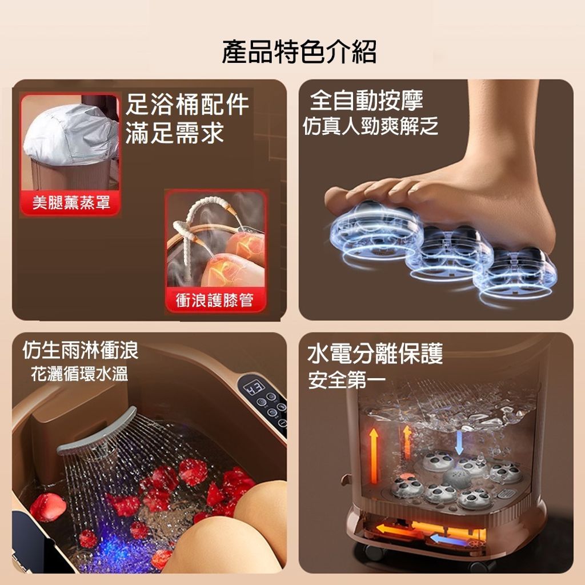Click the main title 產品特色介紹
click(299, 51)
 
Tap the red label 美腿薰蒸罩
click(71, 203)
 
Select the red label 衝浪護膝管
click(215, 300)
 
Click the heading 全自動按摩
click(366, 101)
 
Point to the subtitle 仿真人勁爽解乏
click(370, 126)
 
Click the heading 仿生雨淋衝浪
click(80, 350)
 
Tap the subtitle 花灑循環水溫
click(79, 374)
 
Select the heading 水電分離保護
click(375, 353)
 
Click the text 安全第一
click(347, 380)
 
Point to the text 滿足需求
click(175, 133)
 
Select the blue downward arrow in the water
click(459, 443)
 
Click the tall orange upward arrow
click(374, 455)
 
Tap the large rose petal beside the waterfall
click(48, 507)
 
